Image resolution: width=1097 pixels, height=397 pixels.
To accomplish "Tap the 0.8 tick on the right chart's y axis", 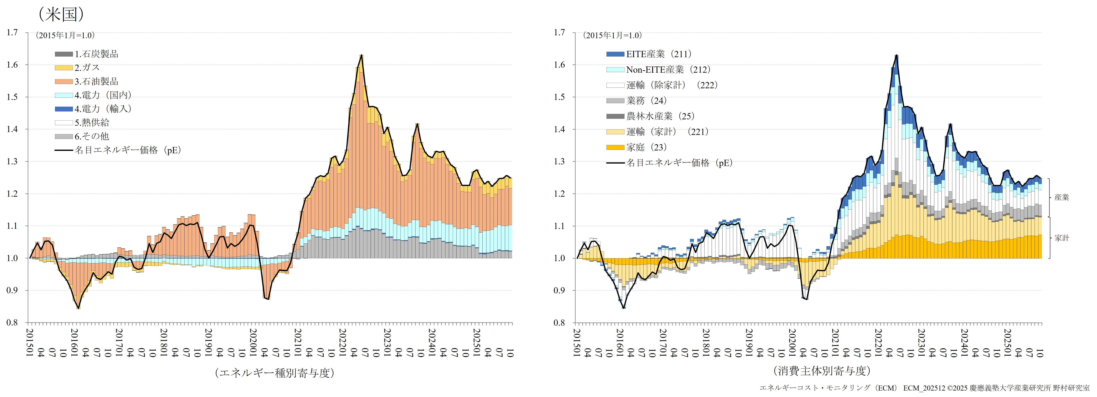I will pyautogui.click(x=559, y=322).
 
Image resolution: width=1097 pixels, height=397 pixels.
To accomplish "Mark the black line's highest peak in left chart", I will pyautogui.click(x=361, y=55).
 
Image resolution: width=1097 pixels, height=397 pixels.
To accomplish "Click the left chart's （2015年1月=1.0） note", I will pyautogui.click(x=65, y=35).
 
